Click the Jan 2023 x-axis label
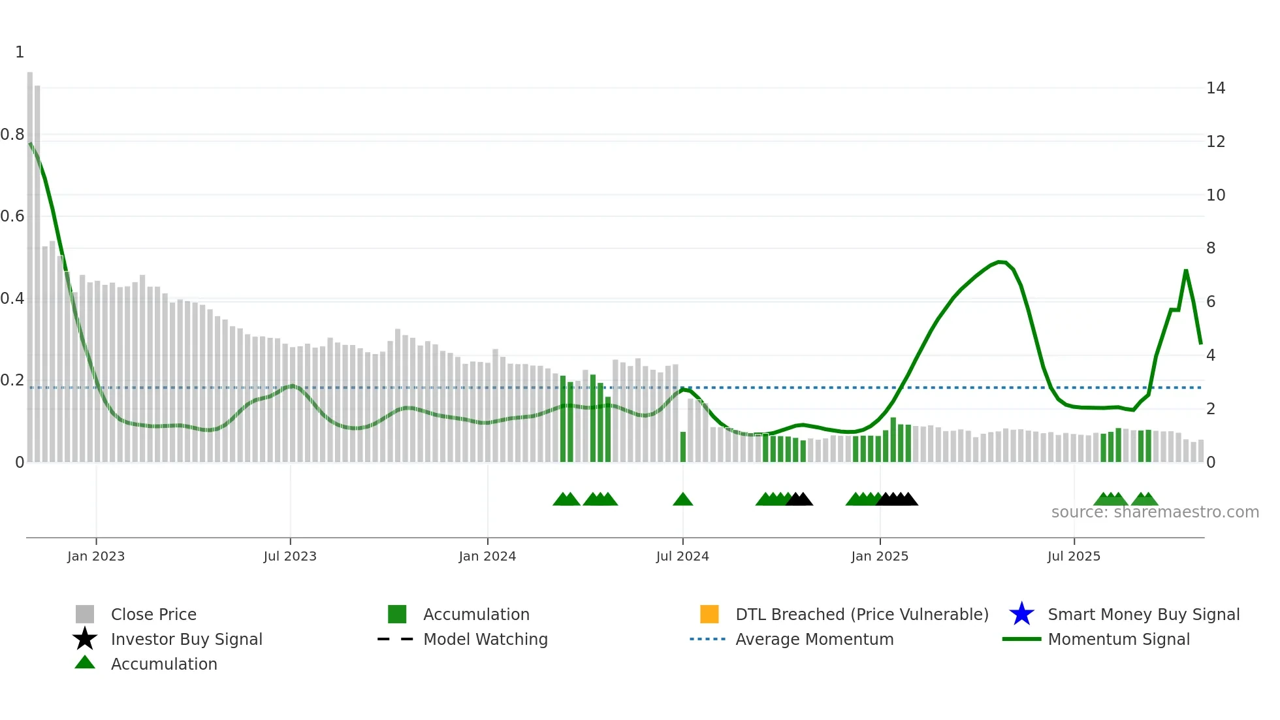pos(96,556)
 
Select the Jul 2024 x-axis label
pos(682,556)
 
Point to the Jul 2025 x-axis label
pos(1074,556)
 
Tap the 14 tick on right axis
pos(1215,88)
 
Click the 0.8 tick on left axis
pos(12,135)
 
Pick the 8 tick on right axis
pos(1211,248)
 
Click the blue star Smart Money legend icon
pos(1021,614)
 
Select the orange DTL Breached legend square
pos(709,614)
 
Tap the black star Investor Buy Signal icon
pos(85,639)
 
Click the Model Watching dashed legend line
pos(396,639)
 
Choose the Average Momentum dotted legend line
pos(708,639)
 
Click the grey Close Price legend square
pos(85,614)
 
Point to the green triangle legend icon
pos(85,663)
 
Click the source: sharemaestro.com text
pos(1155,512)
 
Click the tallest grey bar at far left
pos(30,261)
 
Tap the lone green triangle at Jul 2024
pos(683,500)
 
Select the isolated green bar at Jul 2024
pos(683,447)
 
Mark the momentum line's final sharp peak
pos(1186,270)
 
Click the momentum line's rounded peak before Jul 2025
pos(1000,262)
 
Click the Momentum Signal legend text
pos(1119,639)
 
